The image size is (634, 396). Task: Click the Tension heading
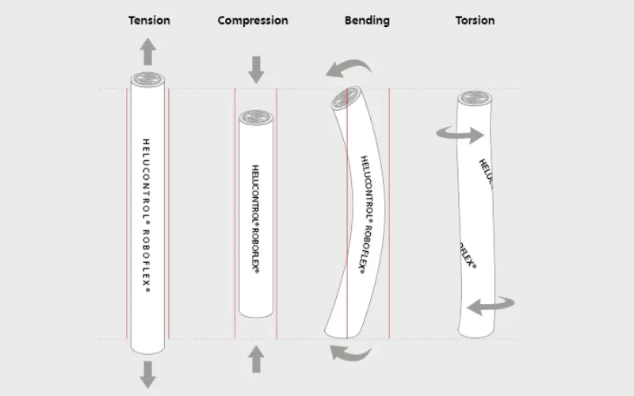tap(148, 21)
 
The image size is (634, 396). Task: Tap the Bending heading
tap(367, 21)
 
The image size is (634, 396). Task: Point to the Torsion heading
tap(475, 21)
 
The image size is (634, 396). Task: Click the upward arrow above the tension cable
tap(148, 52)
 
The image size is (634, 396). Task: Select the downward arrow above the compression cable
tap(255, 70)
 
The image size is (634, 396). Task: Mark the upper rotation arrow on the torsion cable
tap(459, 135)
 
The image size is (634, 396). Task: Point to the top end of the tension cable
tap(148, 78)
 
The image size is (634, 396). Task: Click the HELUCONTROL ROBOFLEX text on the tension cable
tap(147, 215)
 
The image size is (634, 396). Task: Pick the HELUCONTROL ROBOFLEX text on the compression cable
tap(255, 218)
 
